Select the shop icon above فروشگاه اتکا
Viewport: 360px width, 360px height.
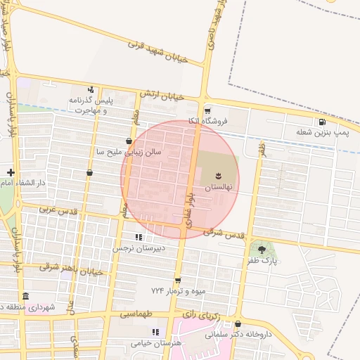(207, 111)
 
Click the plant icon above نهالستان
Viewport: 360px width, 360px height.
(217, 175)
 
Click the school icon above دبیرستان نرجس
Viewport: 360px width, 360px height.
(139, 237)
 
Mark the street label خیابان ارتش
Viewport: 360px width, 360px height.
(161, 95)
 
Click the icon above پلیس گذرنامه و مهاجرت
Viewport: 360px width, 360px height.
(91, 89)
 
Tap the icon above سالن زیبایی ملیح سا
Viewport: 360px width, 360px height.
(128, 141)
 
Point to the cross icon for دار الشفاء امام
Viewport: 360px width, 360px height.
(11, 172)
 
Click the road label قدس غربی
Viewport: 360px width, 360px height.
(56, 210)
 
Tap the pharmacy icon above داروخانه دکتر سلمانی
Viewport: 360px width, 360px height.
(238, 324)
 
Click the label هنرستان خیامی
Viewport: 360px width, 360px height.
(155, 342)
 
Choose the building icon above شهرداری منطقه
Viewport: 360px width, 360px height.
(26, 295)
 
